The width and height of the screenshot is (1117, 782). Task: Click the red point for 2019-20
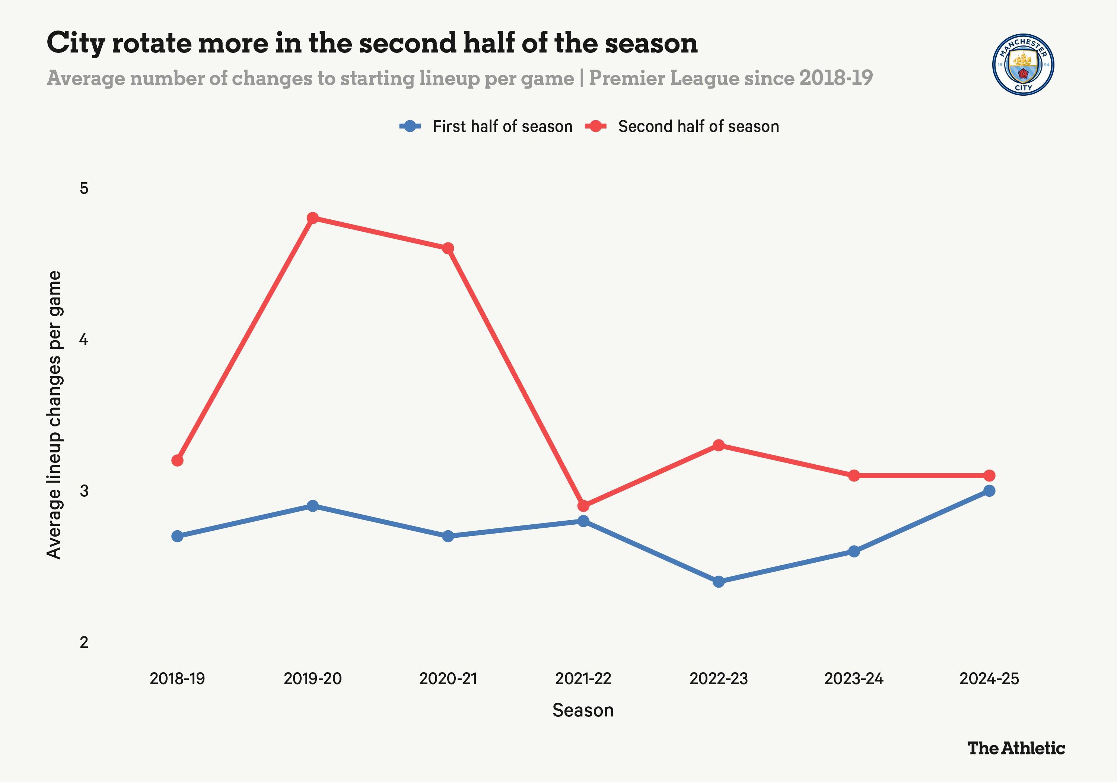313,218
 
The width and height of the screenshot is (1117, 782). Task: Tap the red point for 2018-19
178,460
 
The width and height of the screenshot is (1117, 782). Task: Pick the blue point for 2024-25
989,490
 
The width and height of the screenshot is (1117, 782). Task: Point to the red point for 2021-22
583,506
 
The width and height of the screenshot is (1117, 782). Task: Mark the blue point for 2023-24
854,551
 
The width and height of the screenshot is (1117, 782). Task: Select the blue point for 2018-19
178,536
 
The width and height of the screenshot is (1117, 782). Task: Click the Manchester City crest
1023,65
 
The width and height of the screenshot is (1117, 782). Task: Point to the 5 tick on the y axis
84,188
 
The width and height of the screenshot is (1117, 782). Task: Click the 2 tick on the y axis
84,642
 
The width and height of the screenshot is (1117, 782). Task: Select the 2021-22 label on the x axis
583,678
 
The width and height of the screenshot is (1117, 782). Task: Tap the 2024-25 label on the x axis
989,678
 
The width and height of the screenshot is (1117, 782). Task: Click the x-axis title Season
583,710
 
